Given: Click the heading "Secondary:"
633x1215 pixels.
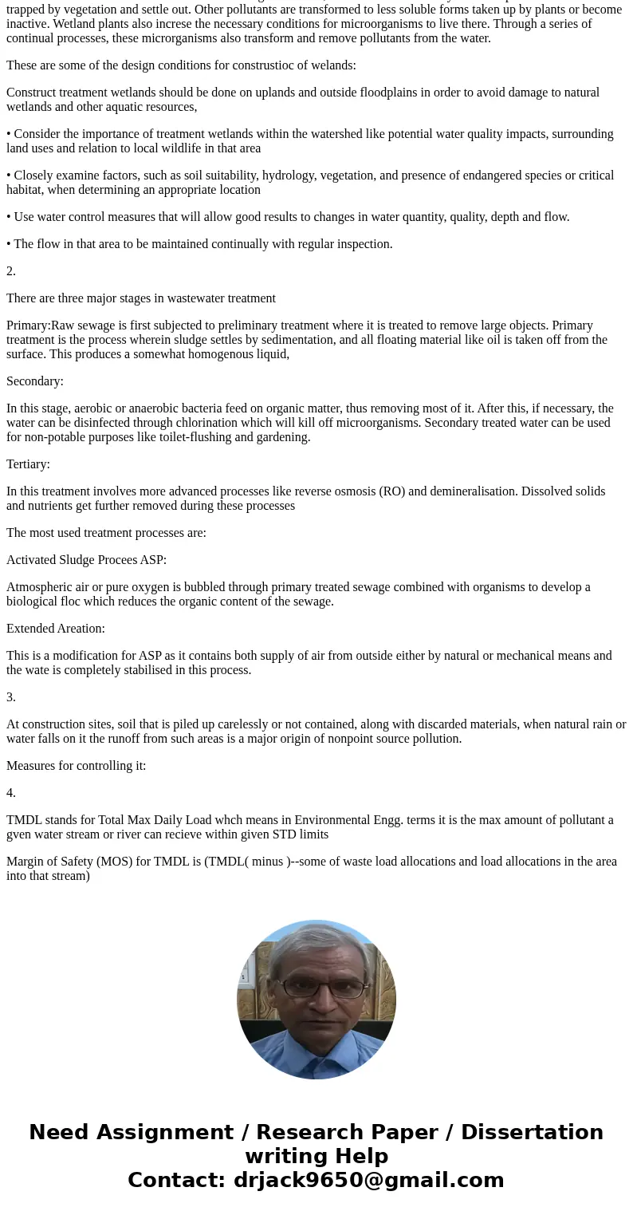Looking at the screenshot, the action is point(35,381).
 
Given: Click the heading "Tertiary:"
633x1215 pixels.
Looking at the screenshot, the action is point(28,464).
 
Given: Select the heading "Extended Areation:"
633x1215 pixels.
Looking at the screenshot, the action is point(56,629).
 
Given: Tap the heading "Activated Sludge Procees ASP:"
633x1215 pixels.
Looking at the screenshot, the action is point(86,560).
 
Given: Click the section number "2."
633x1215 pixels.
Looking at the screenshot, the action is point(11,271).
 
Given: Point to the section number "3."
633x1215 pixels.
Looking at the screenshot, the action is point(11,697).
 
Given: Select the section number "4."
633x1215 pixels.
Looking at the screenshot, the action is point(11,793).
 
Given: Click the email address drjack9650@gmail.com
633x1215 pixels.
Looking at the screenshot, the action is point(368,1181).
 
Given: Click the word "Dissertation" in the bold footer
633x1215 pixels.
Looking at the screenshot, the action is point(532,1133).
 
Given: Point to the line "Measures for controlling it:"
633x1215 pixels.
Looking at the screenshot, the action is point(77,766).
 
